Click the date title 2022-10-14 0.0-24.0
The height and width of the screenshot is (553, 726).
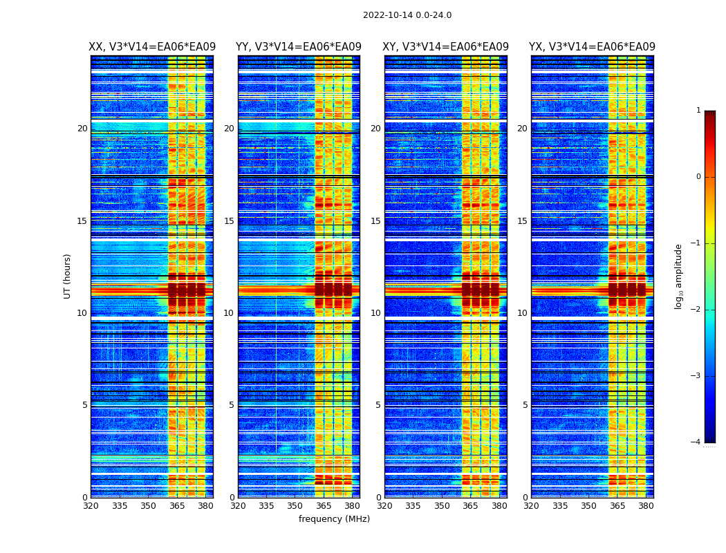[x=407, y=15]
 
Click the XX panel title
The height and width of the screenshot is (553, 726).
[x=152, y=47]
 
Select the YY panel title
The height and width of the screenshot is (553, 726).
[x=299, y=47]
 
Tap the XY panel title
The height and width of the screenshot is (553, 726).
[x=446, y=47]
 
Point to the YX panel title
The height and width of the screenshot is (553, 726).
[x=592, y=47]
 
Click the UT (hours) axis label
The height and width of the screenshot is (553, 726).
[x=68, y=276]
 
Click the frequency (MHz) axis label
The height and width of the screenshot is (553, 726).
[x=334, y=519]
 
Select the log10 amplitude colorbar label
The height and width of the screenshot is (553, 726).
[x=679, y=276]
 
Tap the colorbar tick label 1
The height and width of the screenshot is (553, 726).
[x=698, y=111]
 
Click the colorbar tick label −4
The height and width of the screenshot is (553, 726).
[x=696, y=442]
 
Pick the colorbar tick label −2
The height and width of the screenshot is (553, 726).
[x=696, y=310]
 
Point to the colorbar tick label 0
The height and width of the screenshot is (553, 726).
[x=698, y=177]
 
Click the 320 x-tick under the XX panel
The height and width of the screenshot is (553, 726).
[x=91, y=506]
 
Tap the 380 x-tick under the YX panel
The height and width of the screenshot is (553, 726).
[x=646, y=506]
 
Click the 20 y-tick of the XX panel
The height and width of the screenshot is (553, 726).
[x=82, y=129]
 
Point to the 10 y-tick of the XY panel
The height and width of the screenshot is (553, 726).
[x=375, y=313]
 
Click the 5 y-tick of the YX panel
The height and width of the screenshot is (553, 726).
[x=525, y=405]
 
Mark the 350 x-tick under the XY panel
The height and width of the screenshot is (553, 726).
[x=441, y=506]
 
